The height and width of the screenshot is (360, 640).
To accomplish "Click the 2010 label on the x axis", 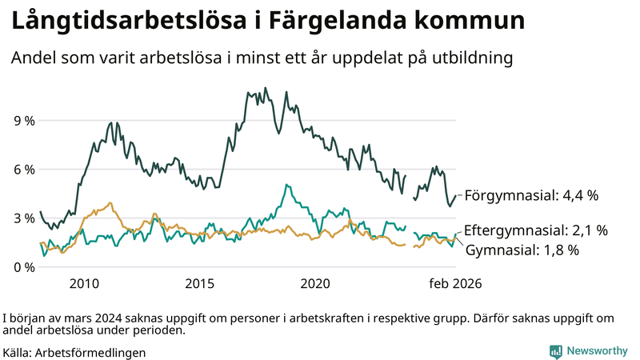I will pyautogui.click(x=84, y=284).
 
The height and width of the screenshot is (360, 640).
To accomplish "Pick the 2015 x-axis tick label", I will pyautogui.click(x=199, y=284).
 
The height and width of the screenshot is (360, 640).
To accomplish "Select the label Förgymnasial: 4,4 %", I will pyautogui.click(x=531, y=195).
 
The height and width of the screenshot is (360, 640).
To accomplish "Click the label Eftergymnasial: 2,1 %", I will pyautogui.click(x=535, y=230).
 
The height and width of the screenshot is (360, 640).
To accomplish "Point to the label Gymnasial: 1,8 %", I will pyautogui.click(x=521, y=250).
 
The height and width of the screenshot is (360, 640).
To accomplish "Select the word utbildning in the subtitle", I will pyautogui.click(x=467, y=58).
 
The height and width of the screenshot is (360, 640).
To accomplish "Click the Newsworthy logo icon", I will pyautogui.click(x=555, y=351).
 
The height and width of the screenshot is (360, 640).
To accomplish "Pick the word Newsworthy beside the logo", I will pyautogui.click(x=598, y=351).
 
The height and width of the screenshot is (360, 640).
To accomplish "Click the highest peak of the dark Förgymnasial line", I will pyautogui.click(x=266, y=88).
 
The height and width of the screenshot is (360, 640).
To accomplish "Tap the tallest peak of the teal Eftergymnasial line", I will pyautogui.click(x=286, y=185).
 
